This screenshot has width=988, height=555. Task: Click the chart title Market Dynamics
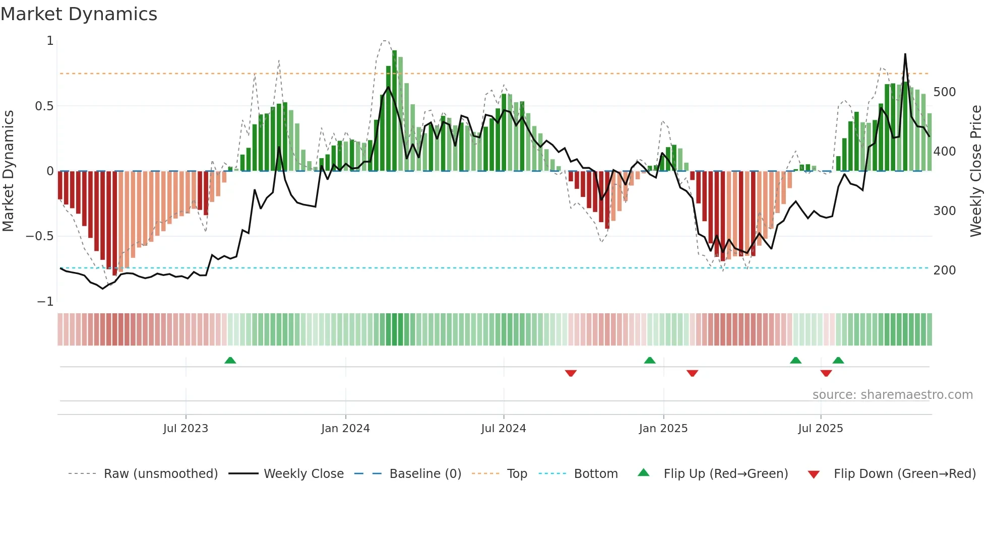79,14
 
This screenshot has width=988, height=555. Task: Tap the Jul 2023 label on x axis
186,429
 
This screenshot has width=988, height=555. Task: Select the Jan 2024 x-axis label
345,429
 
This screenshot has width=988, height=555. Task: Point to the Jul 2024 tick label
503,429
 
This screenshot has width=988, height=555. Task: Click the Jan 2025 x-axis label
663,429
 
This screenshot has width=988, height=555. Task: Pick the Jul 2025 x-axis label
820,429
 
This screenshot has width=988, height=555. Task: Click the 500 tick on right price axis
944,92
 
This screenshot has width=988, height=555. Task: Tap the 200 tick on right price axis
944,270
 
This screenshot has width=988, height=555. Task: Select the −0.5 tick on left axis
39,236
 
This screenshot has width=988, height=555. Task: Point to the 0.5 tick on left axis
44,106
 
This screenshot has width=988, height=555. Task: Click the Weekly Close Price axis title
976,171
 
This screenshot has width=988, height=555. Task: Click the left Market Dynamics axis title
8,171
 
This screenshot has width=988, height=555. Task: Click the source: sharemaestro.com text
892,395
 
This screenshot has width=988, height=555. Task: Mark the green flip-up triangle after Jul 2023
230,360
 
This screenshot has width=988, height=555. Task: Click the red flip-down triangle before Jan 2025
571,373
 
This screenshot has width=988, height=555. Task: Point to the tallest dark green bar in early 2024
394,111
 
